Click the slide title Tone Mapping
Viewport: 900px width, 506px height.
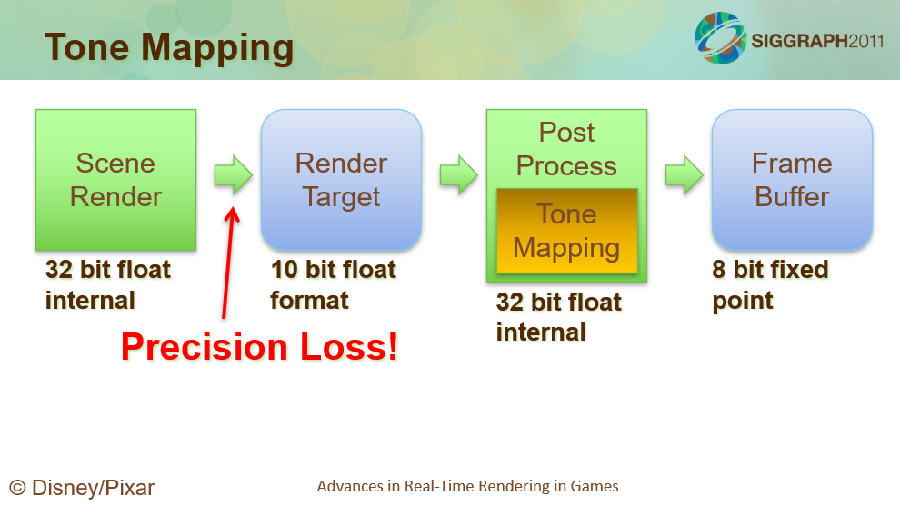coord(169,48)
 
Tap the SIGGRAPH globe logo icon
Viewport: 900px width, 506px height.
coord(720,38)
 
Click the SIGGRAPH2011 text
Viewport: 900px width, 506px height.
coord(817,41)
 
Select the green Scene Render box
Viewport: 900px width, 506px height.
coord(116,180)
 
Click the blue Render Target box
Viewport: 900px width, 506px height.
coord(342,180)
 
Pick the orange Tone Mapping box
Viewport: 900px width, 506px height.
coord(567,231)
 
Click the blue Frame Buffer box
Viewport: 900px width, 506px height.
coord(792,180)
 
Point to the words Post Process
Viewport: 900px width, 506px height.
coord(566,149)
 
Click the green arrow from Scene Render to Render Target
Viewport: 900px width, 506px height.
coord(234,174)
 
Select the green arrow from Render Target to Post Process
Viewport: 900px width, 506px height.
coord(459,174)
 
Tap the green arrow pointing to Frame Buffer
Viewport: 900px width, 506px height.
coord(685,174)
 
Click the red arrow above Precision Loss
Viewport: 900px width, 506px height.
coord(228,263)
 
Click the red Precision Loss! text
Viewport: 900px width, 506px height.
coord(259,347)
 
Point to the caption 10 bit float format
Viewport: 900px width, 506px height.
coord(333,284)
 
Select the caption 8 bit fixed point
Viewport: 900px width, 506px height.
coord(770,284)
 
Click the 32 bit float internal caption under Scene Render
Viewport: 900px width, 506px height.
coord(108,284)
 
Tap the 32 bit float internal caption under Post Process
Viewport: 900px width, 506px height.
coord(558,317)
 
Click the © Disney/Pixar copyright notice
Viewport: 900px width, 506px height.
coord(82,488)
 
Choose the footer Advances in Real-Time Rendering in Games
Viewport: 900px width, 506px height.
coord(468,487)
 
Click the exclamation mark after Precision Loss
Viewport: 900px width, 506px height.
coord(393,346)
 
